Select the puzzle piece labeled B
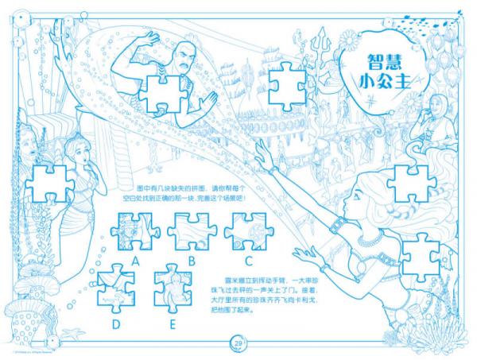191,232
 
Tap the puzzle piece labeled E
173,291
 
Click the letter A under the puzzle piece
136,260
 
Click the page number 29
238,343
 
